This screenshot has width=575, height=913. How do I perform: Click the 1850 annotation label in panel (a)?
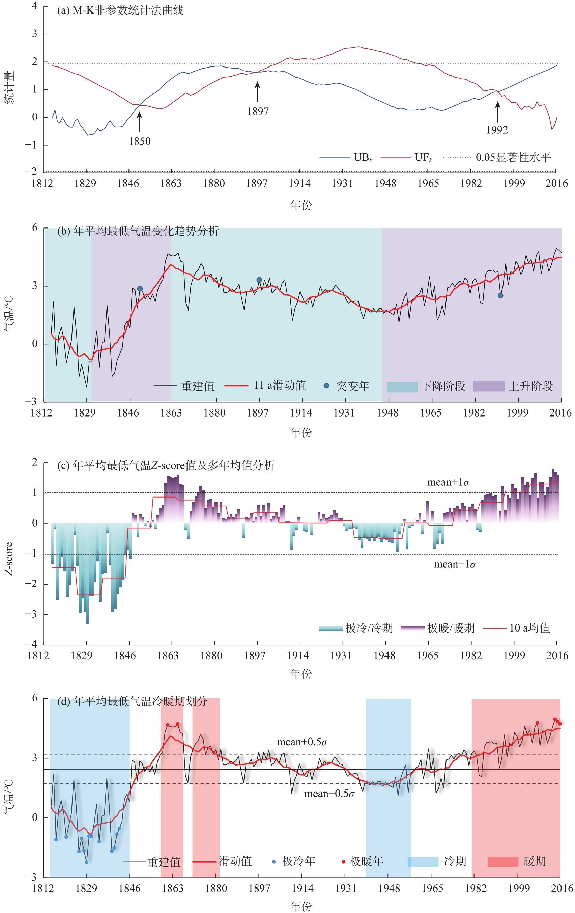point(139,141)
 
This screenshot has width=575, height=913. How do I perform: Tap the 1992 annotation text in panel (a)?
point(497,130)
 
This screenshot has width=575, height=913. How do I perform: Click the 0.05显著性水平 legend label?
point(513,157)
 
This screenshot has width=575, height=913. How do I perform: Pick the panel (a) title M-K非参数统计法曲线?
point(120,10)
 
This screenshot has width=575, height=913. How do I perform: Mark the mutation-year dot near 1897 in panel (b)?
point(259,280)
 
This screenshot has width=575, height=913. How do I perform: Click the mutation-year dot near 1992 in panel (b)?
point(500,296)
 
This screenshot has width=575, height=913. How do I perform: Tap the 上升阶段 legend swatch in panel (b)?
point(489,386)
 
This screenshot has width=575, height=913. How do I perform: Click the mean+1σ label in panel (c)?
point(448,482)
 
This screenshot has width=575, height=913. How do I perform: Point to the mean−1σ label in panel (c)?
point(455,565)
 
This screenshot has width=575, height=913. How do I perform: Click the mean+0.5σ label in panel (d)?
point(302,742)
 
